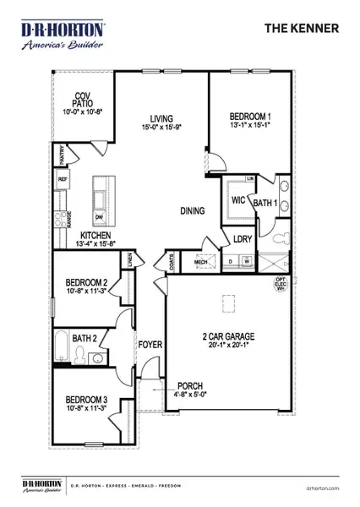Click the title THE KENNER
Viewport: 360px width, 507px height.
point(303,28)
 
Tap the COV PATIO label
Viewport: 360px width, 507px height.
point(82,97)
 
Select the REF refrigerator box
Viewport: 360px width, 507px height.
point(63,179)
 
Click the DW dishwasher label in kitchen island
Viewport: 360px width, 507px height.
point(99,215)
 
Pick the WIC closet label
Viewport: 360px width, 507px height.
point(238,202)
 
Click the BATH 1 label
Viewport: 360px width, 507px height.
point(265,202)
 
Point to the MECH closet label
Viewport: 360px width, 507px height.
point(201,262)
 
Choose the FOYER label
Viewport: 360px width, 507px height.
point(150,345)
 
